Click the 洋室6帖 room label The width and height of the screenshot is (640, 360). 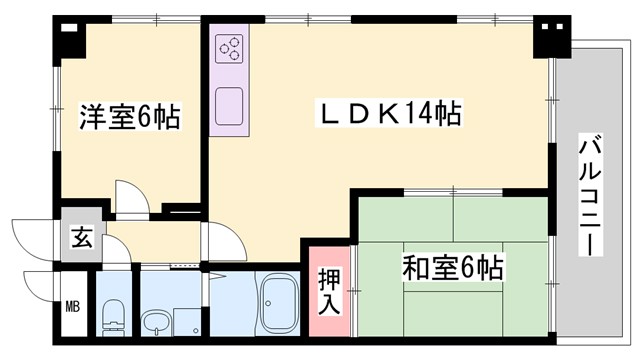pos(130,118)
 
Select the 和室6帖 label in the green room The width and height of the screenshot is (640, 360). pos(452,268)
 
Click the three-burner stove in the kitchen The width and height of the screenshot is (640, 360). pos(229,48)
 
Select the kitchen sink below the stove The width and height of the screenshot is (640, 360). pos(229,104)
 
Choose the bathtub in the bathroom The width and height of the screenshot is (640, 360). pos(279,303)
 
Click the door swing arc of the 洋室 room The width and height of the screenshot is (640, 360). pos(131,195)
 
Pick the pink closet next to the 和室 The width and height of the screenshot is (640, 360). pos(329,291)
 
